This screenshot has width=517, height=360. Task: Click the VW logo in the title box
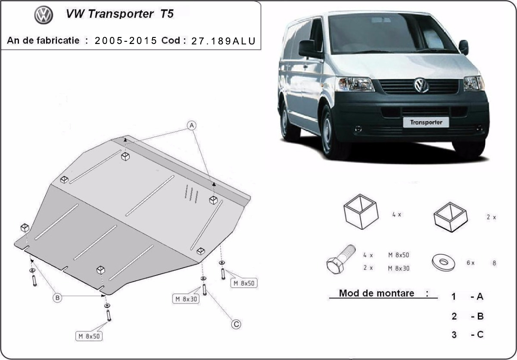pyautogui.click(x=44, y=16)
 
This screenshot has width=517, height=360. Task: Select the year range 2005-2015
pyautogui.click(x=125, y=41)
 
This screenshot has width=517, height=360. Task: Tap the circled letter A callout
pyautogui.click(x=192, y=125)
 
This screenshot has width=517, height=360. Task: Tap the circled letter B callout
pyautogui.click(x=58, y=297)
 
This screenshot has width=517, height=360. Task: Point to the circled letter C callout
pyautogui.click(x=236, y=324)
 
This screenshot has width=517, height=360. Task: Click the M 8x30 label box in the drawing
pyautogui.click(x=186, y=298)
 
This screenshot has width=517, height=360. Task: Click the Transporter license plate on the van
pyautogui.click(x=426, y=122)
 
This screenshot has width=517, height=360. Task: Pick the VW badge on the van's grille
pyautogui.click(x=421, y=85)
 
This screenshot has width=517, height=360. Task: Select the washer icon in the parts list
pyautogui.click(x=442, y=262)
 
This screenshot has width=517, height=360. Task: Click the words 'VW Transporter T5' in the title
pyautogui.click(x=120, y=14)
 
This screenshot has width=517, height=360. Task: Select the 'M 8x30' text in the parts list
pyautogui.click(x=399, y=268)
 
